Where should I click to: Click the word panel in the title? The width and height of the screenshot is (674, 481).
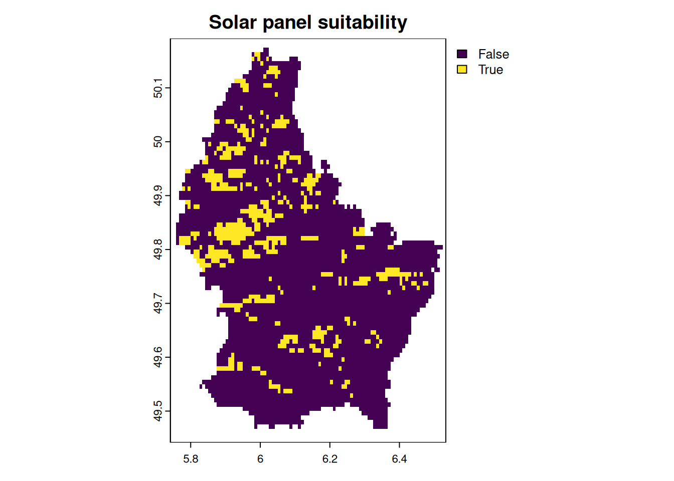[287, 23]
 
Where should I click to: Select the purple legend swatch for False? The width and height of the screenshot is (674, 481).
[462, 54]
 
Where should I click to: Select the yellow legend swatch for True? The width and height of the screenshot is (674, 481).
[462, 70]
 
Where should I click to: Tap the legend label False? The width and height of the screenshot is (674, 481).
[493, 54]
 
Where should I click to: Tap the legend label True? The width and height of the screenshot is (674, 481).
[490, 70]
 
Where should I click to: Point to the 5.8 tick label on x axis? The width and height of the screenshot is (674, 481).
[191, 459]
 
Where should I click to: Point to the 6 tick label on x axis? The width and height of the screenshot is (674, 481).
[260, 459]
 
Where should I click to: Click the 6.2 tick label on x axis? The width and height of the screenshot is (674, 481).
[330, 459]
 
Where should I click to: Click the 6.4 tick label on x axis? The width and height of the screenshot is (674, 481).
[399, 459]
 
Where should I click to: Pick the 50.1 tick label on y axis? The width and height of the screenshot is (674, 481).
[158, 88]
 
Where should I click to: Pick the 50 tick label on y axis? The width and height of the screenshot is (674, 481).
[158, 142]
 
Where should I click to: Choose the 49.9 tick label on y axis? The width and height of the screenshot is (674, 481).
[158, 195]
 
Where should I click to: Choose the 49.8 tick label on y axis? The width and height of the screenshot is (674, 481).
[158, 250]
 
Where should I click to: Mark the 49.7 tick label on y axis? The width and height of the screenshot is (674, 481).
[158, 303]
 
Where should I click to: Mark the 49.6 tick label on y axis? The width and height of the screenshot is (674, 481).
[158, 357]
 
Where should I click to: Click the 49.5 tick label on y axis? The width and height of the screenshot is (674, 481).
[158, 411]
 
